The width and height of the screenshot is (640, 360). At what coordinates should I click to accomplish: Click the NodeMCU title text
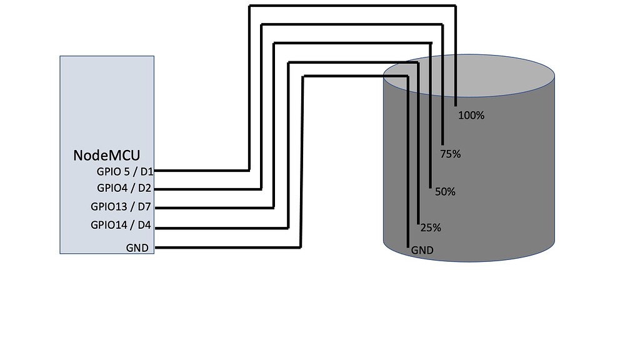tap(107, 155)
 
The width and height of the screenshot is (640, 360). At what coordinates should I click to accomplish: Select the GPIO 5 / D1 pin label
tap(125, 171)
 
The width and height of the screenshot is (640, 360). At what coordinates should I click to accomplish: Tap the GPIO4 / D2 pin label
tap(125, 188)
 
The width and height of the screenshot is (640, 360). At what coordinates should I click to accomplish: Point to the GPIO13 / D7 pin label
tap(121, 207)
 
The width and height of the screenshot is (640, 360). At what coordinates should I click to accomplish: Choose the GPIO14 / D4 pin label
tap(121, 225)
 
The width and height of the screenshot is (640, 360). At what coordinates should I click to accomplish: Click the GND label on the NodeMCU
tap(137, 248)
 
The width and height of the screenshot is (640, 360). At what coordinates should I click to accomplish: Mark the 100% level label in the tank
tap(471, 115)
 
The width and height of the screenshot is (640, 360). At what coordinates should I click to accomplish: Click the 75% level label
tap(450, 154)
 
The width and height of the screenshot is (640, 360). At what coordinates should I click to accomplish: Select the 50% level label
tap(444, 192)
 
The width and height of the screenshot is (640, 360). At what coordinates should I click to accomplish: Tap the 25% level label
tap(431, 228)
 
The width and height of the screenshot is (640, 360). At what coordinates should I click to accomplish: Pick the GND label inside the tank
tap(422, 251)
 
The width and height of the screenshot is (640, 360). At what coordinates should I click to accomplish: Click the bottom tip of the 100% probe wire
tap(456, 104)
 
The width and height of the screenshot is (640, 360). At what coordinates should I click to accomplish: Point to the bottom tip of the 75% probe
tap(443, 144)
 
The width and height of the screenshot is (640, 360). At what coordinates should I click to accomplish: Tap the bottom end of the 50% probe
tap(431, 186)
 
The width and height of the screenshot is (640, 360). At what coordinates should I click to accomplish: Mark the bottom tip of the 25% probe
tap(418, 221)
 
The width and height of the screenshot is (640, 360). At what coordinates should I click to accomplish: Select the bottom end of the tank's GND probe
tap(407, 247)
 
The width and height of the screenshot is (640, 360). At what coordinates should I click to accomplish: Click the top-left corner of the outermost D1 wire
tap(249, 7)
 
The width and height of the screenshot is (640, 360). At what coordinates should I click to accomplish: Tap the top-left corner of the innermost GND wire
tap(302, 77)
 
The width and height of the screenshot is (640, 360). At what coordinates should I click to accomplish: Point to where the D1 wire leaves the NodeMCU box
tap(155, 170)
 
